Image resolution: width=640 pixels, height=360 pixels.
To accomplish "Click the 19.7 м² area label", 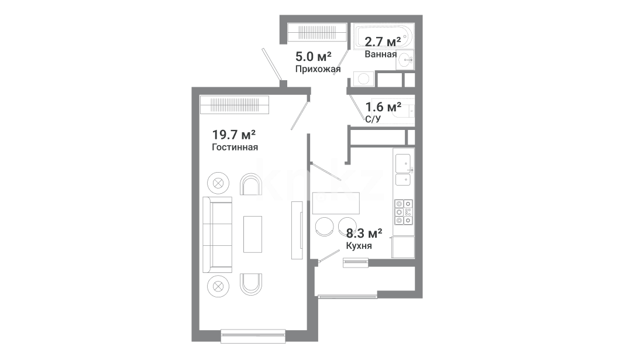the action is click(x=234, y=135).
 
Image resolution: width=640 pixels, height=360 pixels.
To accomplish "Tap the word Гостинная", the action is click(x=235, y=147).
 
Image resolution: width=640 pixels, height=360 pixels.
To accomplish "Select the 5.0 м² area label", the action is click(x=314, y=56).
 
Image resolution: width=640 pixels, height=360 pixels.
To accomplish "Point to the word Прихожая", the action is click(x=318, y=69).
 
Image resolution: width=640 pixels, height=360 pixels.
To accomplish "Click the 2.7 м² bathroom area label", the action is click(x=383, y=42).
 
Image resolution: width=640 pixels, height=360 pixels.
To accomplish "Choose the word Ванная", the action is click(x=380, y=54).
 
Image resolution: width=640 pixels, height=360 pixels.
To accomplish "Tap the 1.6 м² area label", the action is click(x=383, y=107).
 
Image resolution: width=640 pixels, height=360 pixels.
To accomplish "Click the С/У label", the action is click(x=373, y=119).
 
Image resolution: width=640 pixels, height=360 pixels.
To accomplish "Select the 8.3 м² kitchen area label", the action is click(x=364, y=234).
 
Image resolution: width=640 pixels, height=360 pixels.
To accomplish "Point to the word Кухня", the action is click(x=359, y=246).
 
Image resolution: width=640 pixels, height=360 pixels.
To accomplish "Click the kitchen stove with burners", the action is click(x=403, y=212).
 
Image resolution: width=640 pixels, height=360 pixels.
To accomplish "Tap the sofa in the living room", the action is click(x=218, y=235).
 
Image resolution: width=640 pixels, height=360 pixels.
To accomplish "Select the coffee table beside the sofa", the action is click(x=253, y=234).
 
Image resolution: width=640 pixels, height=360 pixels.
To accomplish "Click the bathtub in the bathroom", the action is click(x=383, y=36).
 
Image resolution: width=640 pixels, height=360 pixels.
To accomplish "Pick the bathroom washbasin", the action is click(x=405, y=60).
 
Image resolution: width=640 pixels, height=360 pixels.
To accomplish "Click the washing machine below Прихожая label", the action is click(x=363, y=79).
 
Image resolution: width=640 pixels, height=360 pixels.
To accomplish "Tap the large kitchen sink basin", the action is click(x=403, y=163).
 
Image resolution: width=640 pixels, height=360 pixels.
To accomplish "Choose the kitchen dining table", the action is click(x=336, y=203).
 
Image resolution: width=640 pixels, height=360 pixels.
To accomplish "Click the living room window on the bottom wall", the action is click(x=253, y=336).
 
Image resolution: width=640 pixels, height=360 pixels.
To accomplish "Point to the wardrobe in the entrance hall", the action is click(x=317, y=32).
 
